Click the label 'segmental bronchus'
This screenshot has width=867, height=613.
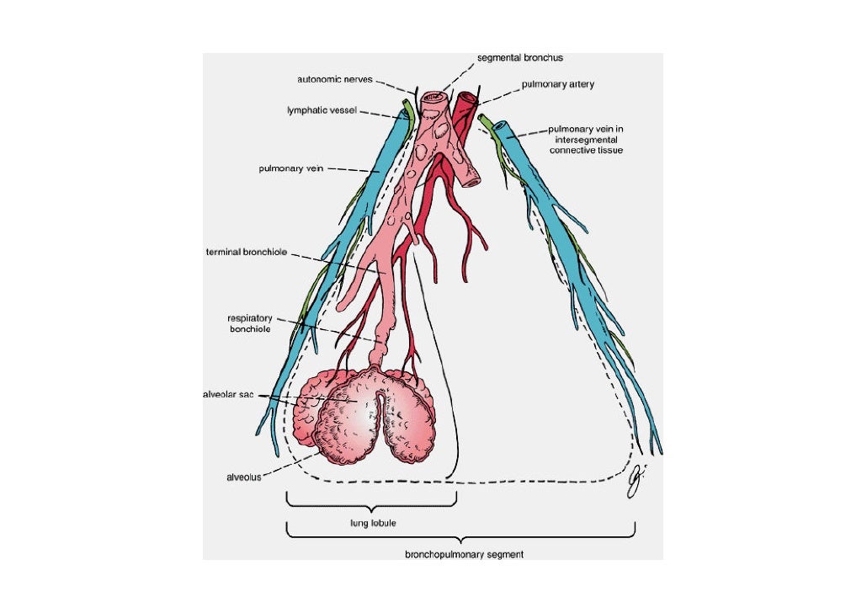(x=519, y=58)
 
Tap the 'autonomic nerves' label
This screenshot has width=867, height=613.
(x=335, y=80)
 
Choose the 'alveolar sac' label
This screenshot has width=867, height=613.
(x=228, y=394)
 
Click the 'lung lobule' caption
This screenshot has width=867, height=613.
(x=373, y=523)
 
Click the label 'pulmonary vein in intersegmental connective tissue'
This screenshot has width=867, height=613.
(x=586, y=140)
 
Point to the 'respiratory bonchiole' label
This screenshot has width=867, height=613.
(x=249, y=323)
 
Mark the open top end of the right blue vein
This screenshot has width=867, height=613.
(x=502, y=127)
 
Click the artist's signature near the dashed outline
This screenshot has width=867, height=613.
(x=636, y=479)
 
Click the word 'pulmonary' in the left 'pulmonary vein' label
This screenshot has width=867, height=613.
(x=278, y=168)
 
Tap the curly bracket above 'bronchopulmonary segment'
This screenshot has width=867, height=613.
(x=460, y=534)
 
